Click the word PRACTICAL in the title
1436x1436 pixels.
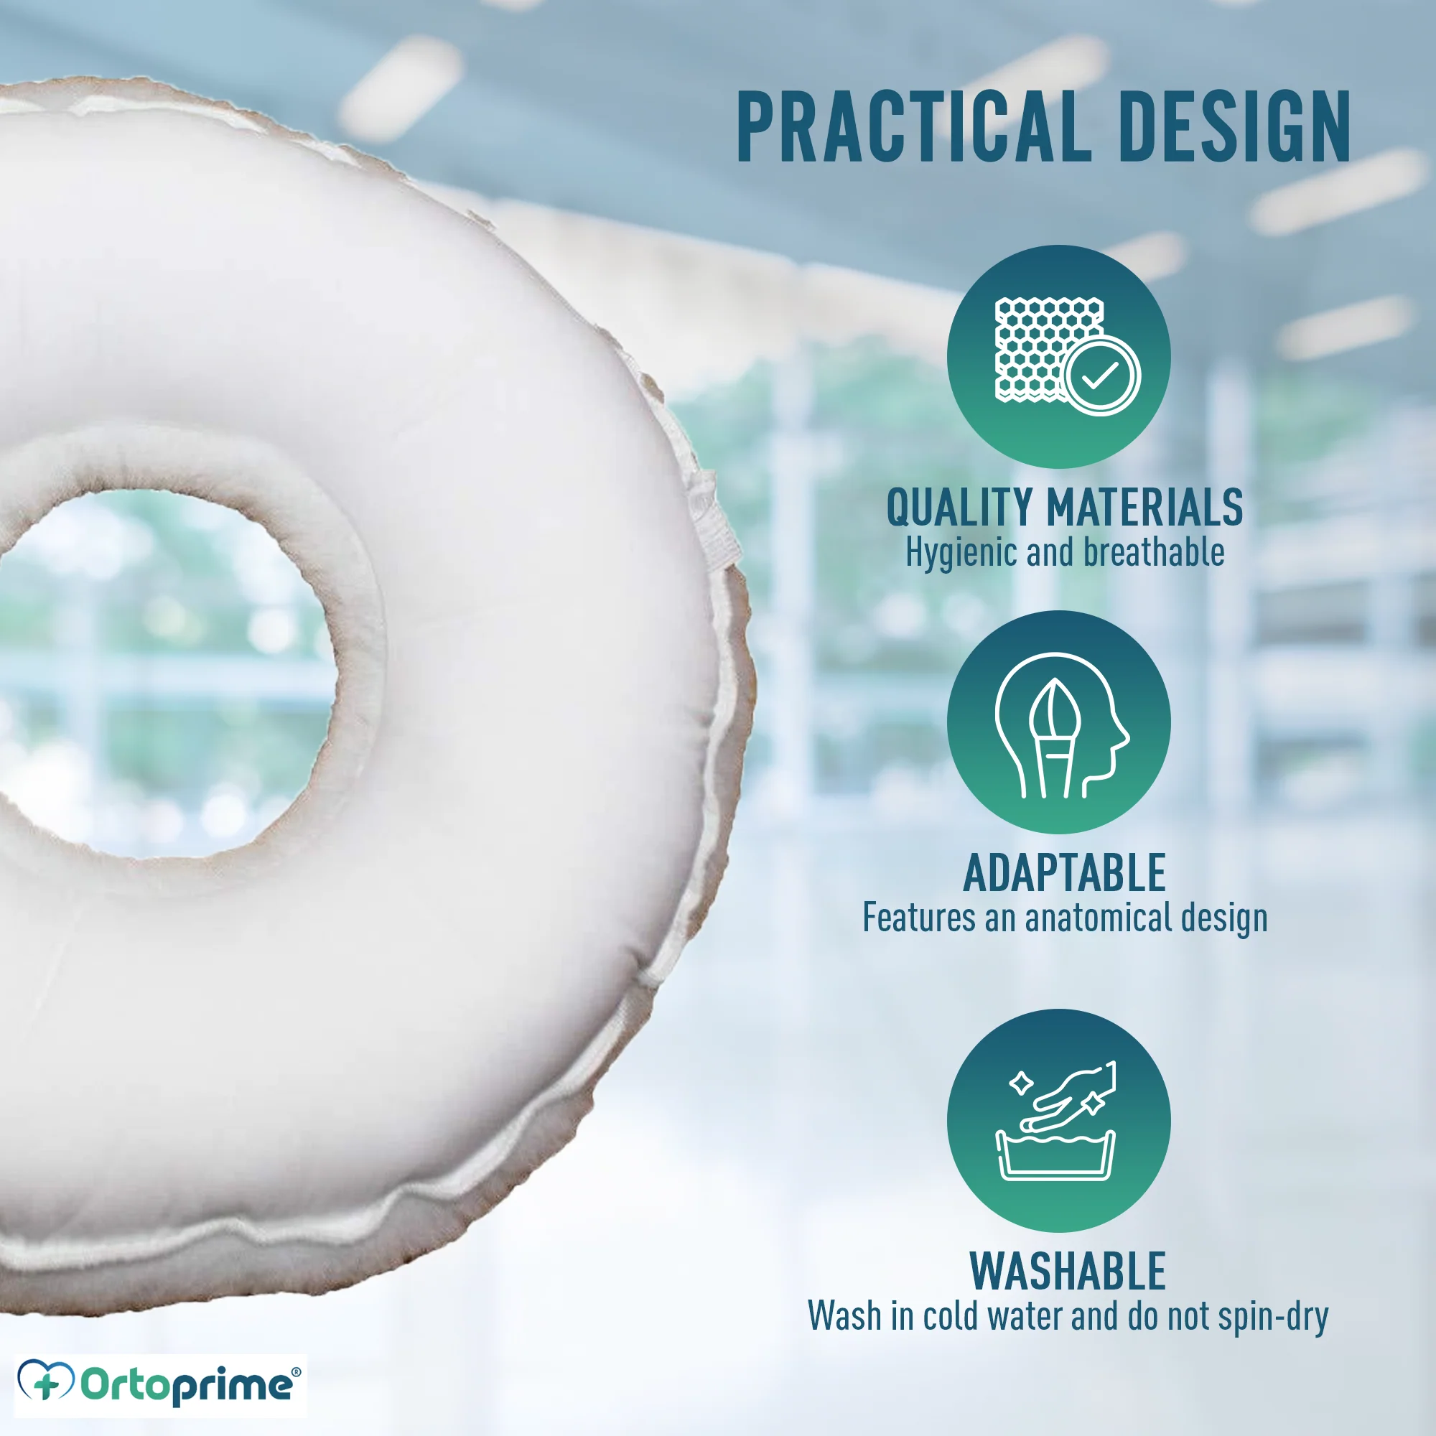point(914,126)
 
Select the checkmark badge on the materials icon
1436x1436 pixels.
point(1101,376)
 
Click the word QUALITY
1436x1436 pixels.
point(959,508)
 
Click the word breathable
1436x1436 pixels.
point(1154,552)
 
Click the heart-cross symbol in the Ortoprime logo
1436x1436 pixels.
point(46,1380)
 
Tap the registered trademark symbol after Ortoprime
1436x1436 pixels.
point(296,1372)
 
